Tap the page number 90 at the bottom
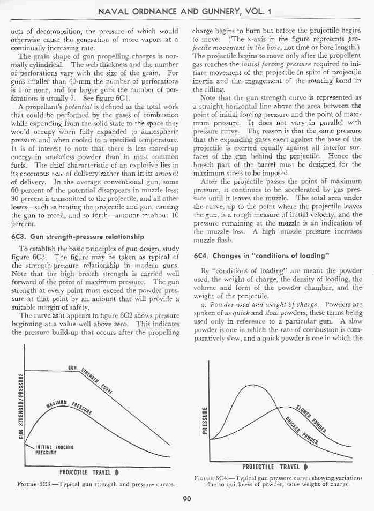click(187, 500)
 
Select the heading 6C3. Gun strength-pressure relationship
click(74, 236)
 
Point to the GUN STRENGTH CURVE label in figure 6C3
click(91, 380)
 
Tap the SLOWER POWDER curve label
click(313, 418)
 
